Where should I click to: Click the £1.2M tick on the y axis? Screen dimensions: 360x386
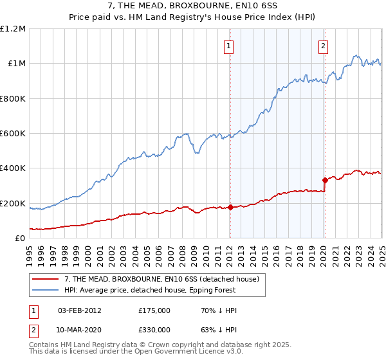(13, 29)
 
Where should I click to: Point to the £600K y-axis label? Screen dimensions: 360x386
(13, 134)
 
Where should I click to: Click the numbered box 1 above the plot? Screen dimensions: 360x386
(229, 46)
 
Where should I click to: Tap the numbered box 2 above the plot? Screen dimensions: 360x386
(323, 46)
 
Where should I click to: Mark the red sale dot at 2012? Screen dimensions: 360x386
(230, 208)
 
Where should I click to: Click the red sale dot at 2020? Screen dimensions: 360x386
(325, 181)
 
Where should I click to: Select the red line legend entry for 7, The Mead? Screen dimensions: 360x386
(161, 279)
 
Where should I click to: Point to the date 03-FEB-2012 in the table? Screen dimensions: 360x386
(79, 310)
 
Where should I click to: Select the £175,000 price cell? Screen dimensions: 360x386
(154, 310)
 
